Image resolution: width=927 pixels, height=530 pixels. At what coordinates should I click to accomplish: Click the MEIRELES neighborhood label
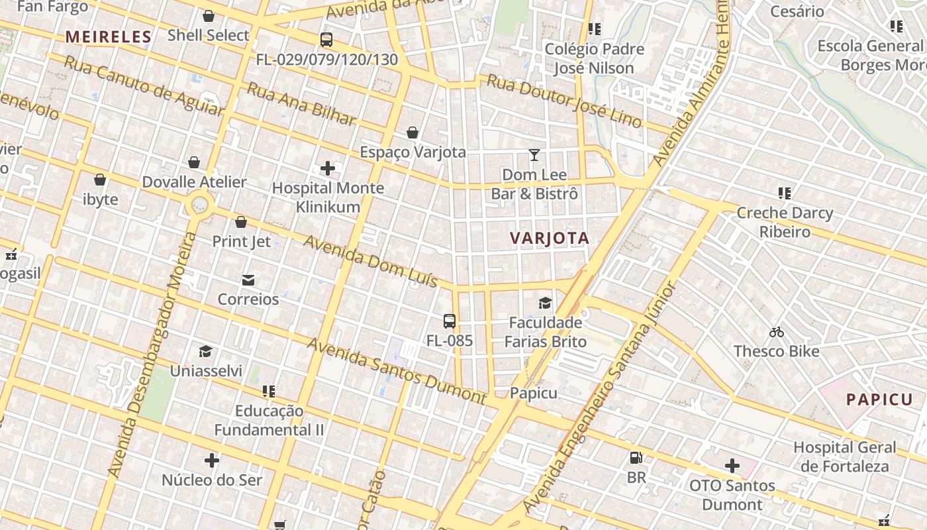(x=109, y=37)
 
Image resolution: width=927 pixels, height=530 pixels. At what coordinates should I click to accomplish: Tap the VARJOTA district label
(x=550, y=238)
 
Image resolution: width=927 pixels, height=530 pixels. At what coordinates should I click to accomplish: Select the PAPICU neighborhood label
(x=879, y=399)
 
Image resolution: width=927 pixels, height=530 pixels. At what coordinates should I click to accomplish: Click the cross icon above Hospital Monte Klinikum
(x=328, y=168)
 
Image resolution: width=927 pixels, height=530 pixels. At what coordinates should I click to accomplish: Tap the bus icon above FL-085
(x=450, y=322)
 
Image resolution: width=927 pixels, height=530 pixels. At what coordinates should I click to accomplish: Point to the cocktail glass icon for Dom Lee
(x=534, y=155)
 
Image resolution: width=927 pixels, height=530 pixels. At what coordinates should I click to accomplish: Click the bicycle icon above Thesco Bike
(x=777, y=332)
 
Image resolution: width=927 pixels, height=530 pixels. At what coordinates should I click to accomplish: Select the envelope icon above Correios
(x=248, y=280)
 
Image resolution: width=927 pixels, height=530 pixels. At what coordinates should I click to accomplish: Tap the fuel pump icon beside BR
(x=636, y=457)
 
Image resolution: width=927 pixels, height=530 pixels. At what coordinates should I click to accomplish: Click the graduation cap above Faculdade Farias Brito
(x=545, y=303)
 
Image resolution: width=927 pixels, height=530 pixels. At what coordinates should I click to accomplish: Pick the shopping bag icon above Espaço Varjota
(x=413, y=132)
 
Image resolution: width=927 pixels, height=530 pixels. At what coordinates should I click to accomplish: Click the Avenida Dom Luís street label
(x=370, y=261)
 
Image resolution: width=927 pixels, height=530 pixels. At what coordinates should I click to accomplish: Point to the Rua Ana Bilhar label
(x=301, y=104)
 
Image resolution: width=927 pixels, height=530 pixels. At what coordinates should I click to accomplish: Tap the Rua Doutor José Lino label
(x=564, y=100)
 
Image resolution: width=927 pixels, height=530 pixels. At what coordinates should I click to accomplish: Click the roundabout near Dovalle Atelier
(x=199, y=205)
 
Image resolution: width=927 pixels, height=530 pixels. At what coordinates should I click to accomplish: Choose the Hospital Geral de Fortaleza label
(x=844, y=456)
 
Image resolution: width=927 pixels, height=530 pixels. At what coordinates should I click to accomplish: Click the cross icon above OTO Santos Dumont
(x=732, y=466)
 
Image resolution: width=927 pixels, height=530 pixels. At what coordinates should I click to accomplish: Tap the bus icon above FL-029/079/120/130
(x=326, y=40)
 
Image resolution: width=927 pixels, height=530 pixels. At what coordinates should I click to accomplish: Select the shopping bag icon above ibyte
(x=100, y=180)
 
